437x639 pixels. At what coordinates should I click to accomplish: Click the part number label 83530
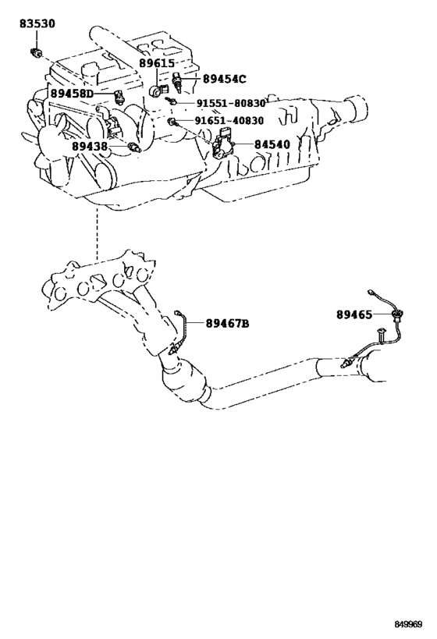coord(37,23)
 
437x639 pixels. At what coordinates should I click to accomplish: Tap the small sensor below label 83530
coord(35,52)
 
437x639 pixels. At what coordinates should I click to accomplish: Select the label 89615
coord(157,63)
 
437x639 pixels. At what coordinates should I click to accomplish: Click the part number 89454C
coord(225,79)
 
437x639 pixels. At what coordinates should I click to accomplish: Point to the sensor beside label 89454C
coord(177,80)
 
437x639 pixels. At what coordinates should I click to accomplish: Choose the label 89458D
coord(72,94)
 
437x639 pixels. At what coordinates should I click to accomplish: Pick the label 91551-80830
coord(231,104)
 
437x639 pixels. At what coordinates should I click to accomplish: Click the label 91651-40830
coord(229,121)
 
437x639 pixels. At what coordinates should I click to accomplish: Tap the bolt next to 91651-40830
coord(172,121)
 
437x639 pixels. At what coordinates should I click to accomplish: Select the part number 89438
coord(90,146)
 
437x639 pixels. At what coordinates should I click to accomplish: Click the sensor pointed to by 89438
coord(134,147)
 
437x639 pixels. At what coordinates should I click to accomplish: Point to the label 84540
coord(272,144)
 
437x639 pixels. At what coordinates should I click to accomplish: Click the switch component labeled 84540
coord(222,143)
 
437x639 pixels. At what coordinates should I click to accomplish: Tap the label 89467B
coord(227,324)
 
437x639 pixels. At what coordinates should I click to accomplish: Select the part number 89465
coord(354,314)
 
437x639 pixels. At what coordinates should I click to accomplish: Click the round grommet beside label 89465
coord(395,314)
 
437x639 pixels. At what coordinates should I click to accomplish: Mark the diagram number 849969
coord(408,624)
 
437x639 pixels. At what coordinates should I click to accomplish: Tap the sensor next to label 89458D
coord(119,97)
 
